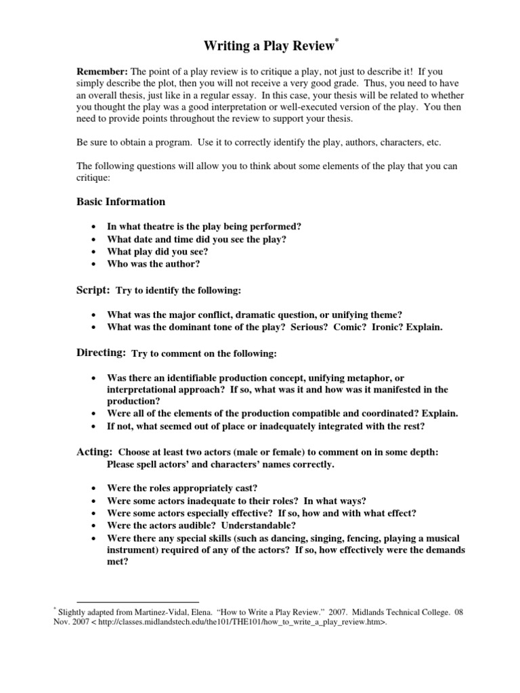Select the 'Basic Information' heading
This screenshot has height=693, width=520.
click(121, 202)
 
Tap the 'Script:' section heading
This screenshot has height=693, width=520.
click(93, 290)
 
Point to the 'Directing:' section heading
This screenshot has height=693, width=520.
click(101, 353)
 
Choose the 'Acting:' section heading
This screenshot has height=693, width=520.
click(94, 452)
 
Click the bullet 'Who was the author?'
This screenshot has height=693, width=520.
click(153, 264)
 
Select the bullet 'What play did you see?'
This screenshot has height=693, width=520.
click(157, 251)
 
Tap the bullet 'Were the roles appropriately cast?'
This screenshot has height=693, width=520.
click(182, 488)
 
